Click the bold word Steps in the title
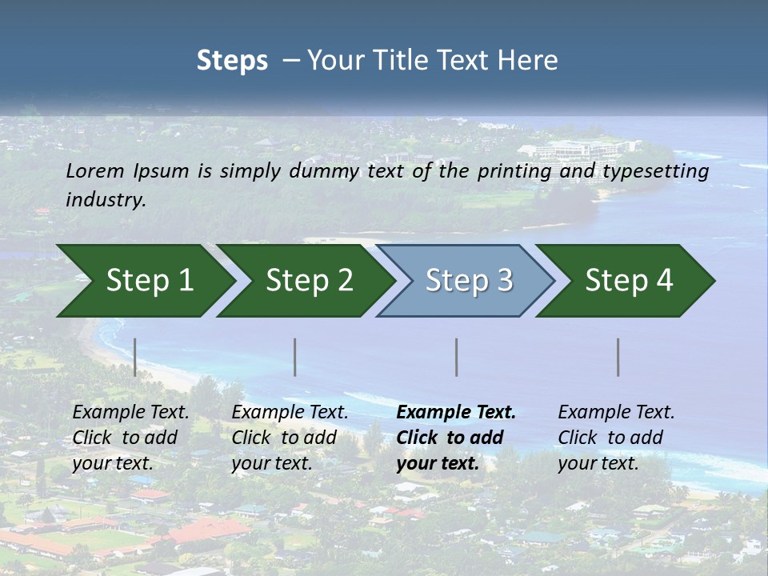coord(232,60)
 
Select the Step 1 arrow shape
coord(144,280)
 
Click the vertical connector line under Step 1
coord(135,357)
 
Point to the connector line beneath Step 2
coord(295,357)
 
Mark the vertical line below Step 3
coord(456,357)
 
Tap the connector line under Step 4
coord(618,357)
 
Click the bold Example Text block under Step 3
coord(456,438)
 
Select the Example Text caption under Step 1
coord(130,438)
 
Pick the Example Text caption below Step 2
coord(290,438)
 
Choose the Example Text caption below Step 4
coord(616,438)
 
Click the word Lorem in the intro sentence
coord(95,170)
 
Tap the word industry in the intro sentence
coord(106,199)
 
